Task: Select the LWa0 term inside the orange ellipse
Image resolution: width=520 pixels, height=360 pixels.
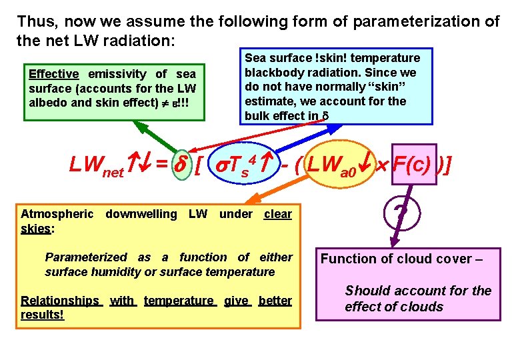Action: [x=333, y=165]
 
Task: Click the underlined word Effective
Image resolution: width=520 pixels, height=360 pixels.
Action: [x=53, y=74]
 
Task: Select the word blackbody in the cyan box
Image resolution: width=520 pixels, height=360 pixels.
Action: [x=270, y=72]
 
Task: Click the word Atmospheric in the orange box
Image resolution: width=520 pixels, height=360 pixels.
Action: [x=57, y=214]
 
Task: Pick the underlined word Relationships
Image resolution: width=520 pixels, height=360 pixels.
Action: [x=60, y=301]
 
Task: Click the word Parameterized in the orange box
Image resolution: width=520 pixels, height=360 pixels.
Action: [x=85, y=257]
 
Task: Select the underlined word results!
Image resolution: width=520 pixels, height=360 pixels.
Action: [x=43, y=314]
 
